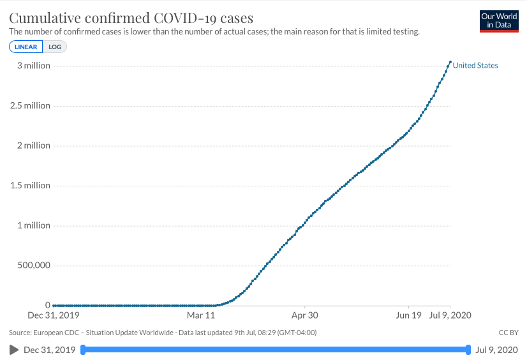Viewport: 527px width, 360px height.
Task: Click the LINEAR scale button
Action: [x=26, y=47]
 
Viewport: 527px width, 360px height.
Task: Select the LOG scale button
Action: [x=55, y=47]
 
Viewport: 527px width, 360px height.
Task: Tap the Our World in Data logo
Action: [x=498, y=21]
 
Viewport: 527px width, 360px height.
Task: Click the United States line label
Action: [x=475, y=65]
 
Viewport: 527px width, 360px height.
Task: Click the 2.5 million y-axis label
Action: [x=30, y=105]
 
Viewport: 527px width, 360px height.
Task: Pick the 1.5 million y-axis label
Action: [x=30, y=185]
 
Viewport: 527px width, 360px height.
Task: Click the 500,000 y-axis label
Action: [x=31, y=266]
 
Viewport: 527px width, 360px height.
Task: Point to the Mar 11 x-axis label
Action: [x=201, y=315]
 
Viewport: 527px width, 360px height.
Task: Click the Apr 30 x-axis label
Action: [x=304, y=315]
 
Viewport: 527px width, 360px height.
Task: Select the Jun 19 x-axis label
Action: [x=408, y=315]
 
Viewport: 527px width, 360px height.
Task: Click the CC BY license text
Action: [x=508, y=333]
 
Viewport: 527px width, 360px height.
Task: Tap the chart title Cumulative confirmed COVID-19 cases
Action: [x=131, y=17]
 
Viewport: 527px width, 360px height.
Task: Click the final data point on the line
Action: [x=450, y=62]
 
